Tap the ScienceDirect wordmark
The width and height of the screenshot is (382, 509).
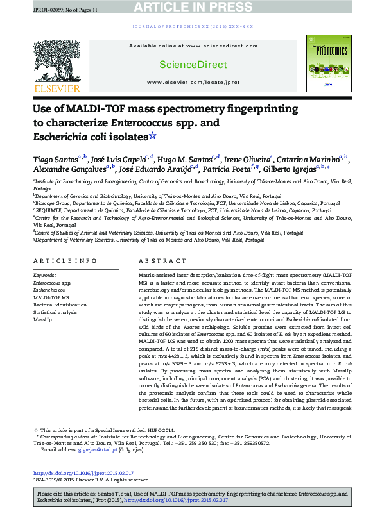[185, 65]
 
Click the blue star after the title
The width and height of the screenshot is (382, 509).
[152, 136]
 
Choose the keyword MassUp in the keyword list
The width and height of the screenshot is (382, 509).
[42, 319]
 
